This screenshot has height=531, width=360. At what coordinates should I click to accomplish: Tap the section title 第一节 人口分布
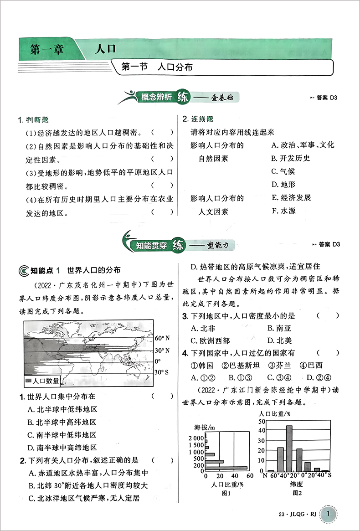click(157, 67)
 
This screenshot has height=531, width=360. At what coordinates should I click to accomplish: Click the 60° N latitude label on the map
click(162, 339)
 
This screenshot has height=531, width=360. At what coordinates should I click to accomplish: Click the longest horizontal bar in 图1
click(226, 468)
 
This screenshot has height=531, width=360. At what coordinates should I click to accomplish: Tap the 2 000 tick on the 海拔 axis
click(197, 438)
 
